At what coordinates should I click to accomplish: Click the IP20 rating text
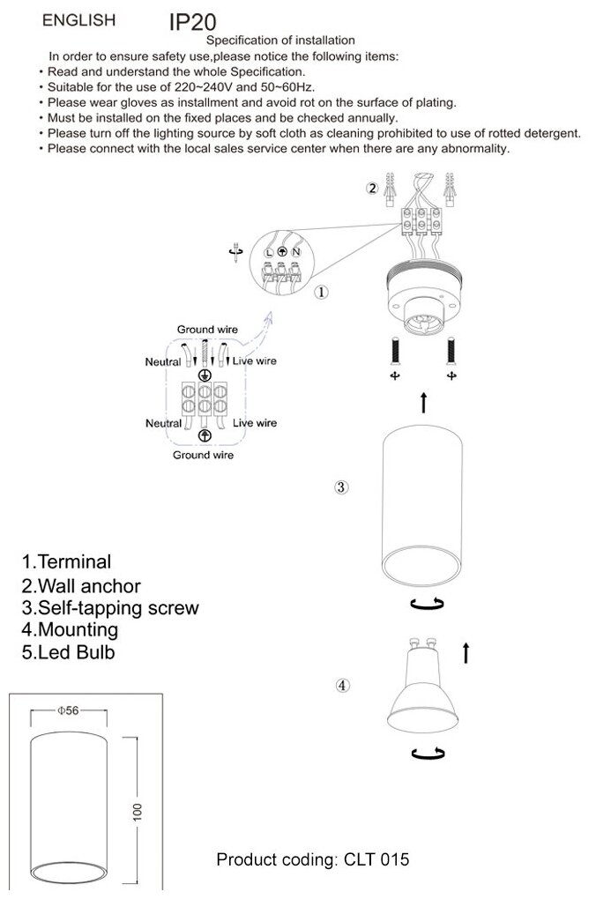tap(193, 22)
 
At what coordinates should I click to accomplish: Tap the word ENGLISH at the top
tap(78, 19)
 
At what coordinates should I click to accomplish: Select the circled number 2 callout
tap(372, 189)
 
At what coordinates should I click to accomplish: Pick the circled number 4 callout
tap(343, 686)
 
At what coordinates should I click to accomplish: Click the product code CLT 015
tap(313, 858)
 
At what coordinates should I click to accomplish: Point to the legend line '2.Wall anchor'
tap(81, 585)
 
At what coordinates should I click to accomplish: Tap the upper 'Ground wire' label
tap(207, 330)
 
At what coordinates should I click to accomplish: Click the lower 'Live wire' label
tap(255, 423)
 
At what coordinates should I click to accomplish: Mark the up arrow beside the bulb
tap(465, 653)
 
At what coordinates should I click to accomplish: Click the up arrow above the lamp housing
tap(424, 404)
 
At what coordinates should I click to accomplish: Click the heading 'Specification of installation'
tap(280, 40)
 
